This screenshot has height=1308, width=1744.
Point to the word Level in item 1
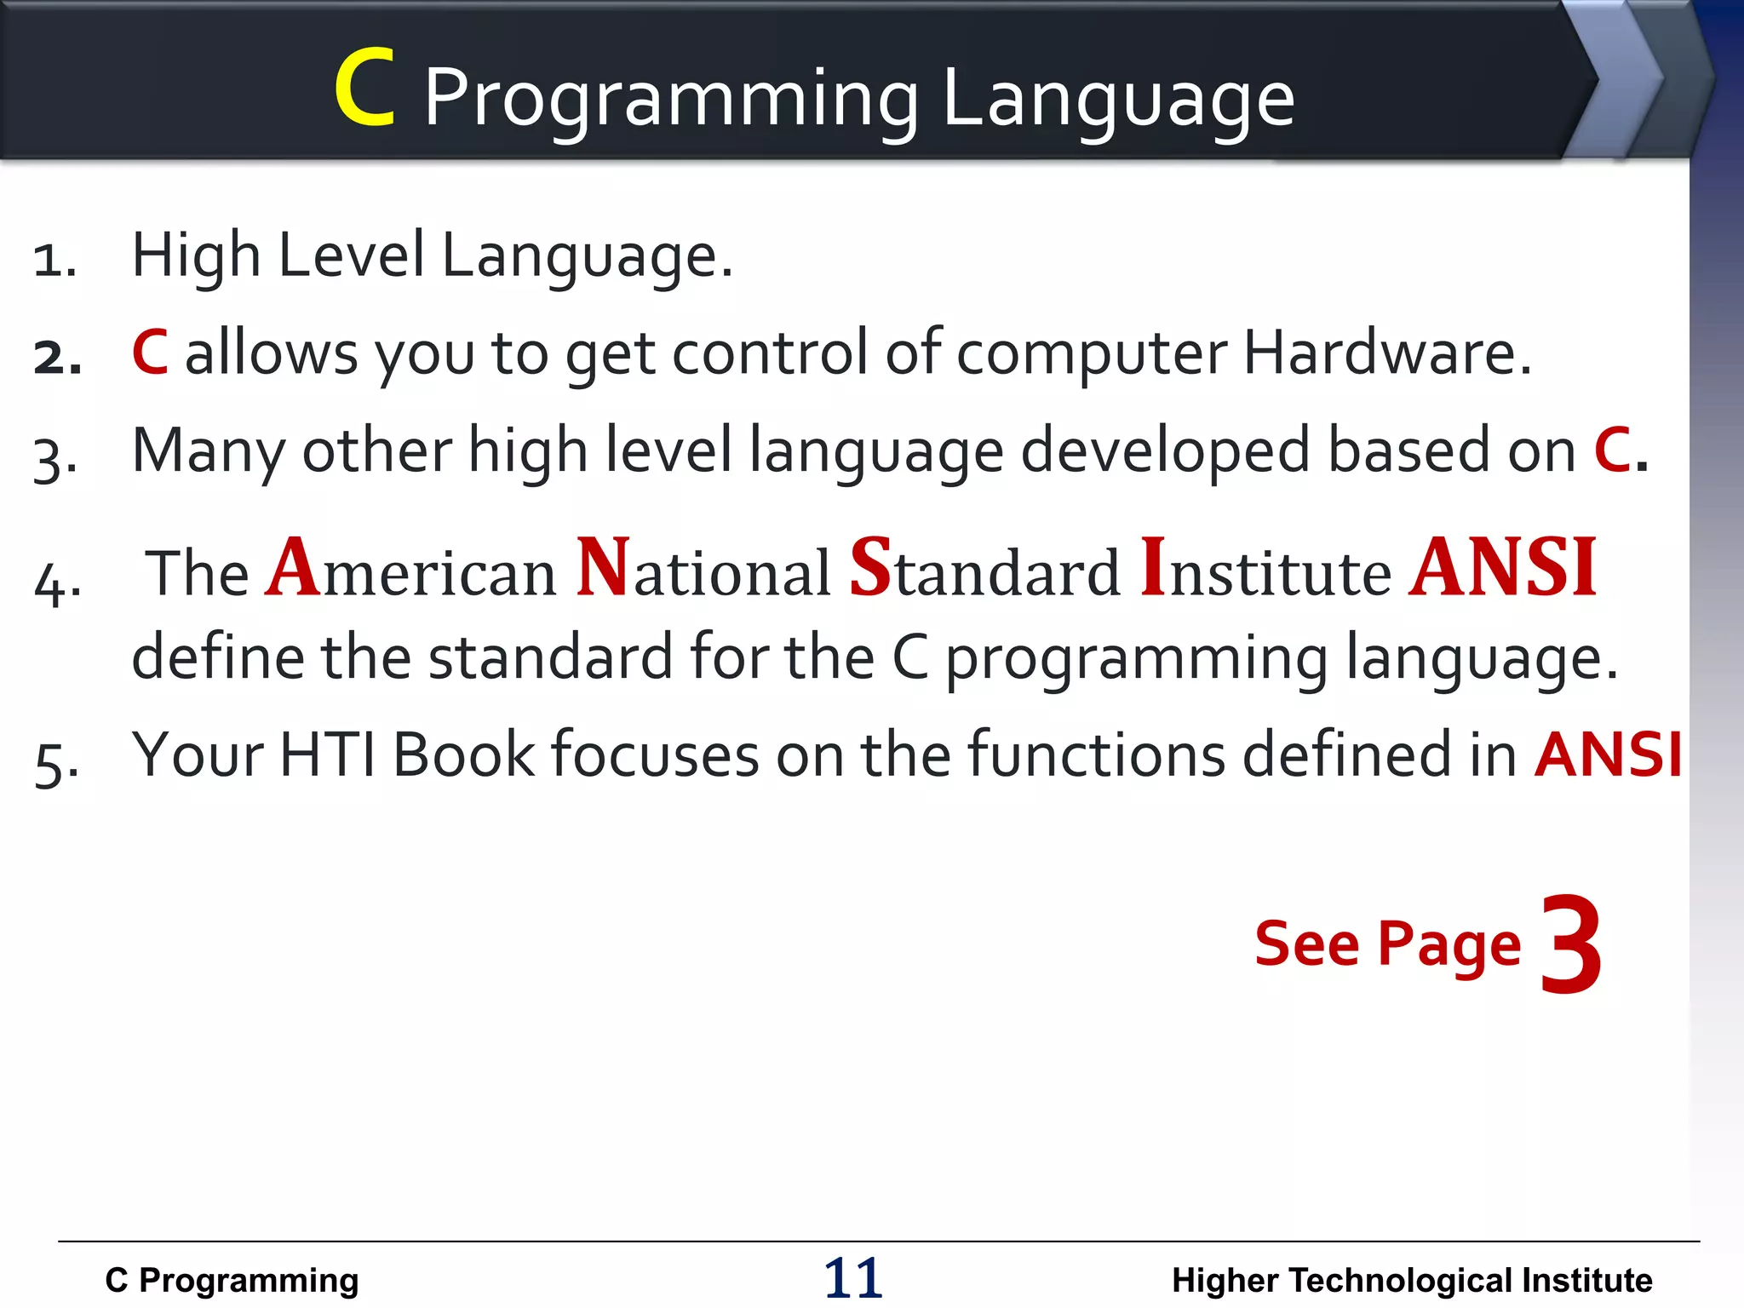[x=351, y=255]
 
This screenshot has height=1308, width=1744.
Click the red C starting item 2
[x=150, y=353]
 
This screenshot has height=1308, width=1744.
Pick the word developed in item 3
[x=1165, y=451]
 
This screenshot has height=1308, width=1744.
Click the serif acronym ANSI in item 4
[x=1503, y=568]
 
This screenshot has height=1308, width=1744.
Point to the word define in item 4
[x=217, y=657]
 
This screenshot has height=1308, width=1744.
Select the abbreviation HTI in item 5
[x=328, y=754]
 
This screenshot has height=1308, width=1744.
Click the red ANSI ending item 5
[x=1608, y=754]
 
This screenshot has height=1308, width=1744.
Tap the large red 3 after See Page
[x=1571, y=945]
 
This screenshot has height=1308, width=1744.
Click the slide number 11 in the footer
[x=853, y=1278]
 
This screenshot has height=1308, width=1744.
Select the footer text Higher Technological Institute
[x=1412, y=1281]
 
